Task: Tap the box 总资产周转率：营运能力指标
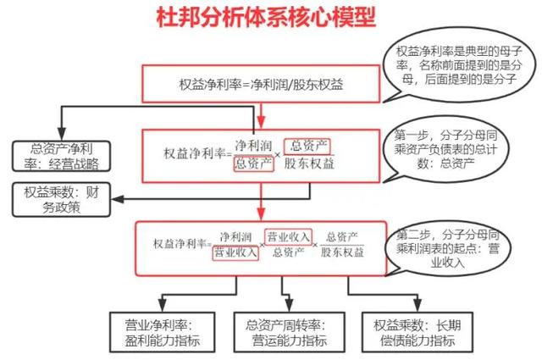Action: pos(283,332)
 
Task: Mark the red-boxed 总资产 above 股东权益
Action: pos(306,145)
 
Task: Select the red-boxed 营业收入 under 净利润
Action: pos(235,252)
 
